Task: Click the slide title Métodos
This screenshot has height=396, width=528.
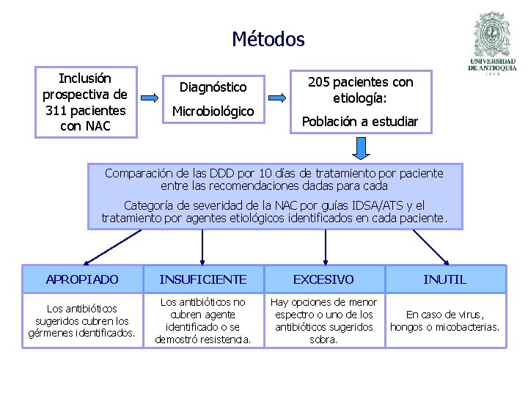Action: (268, 39)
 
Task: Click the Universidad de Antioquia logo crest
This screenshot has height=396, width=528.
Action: (492, 36)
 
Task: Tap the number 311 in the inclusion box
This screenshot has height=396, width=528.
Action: (58, 111)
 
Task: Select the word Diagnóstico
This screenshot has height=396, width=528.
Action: (213, 87)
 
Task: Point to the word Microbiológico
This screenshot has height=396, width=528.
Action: (213, 111)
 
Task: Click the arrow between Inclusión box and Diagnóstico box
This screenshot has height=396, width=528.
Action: (150, 98)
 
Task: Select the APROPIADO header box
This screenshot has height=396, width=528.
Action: (82, 279)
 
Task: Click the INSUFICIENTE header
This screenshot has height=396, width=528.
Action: (202, 279)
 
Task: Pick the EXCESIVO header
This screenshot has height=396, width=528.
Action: (323, 279)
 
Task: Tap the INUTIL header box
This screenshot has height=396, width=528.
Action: (444, 279)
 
